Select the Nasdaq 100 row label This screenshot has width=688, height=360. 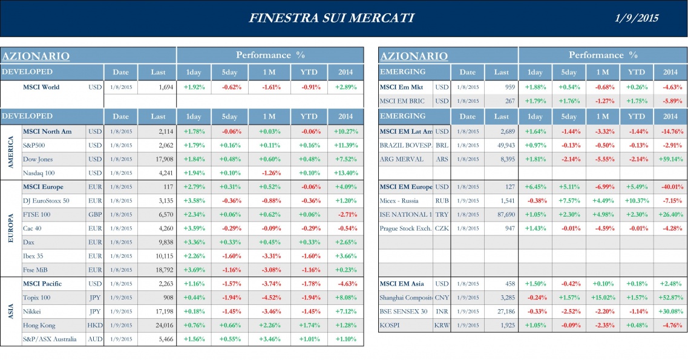coord(38,173)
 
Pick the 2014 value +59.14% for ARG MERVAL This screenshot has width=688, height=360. coord(670,159)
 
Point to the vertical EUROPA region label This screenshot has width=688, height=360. coord(10,228)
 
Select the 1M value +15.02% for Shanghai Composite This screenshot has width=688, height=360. coord(602,297)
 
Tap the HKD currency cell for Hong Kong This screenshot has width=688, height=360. coord(95,325)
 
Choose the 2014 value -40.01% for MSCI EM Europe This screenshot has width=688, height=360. coord(670,187)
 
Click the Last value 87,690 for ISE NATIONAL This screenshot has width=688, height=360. coord(502,214)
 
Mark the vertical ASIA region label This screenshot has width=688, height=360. coord(10,312)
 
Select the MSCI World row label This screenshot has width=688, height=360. coord(41,87)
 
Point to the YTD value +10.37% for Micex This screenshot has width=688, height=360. coord(636,200)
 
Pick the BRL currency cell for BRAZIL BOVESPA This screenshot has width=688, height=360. coord(442,145)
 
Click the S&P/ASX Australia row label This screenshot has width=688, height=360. coord(50,339)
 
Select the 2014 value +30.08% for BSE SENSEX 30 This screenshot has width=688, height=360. coord(670,311)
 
